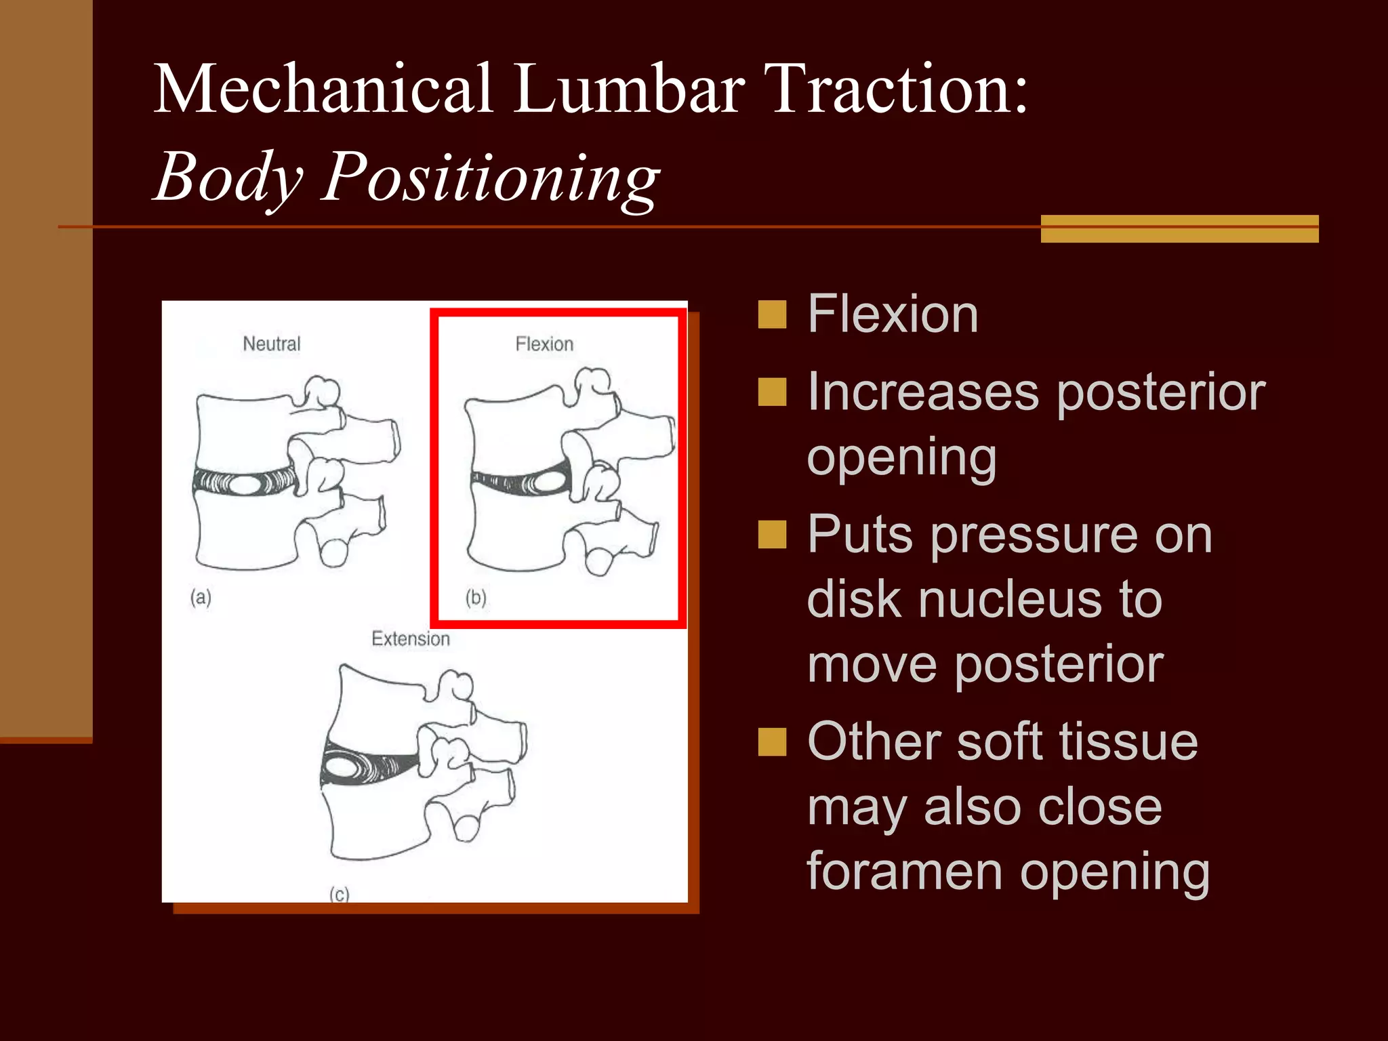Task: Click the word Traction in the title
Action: pos(899,89)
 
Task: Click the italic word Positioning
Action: pos(489,178)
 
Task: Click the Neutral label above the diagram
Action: pos(271,344)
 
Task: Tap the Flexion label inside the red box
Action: pos(544,344)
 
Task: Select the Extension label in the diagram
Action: pos(410,638)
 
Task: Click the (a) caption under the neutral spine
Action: pos(201,597)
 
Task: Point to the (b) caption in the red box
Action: pos(476,597)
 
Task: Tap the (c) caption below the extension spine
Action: pos(339,894)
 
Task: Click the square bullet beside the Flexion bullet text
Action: pos(772,314)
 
